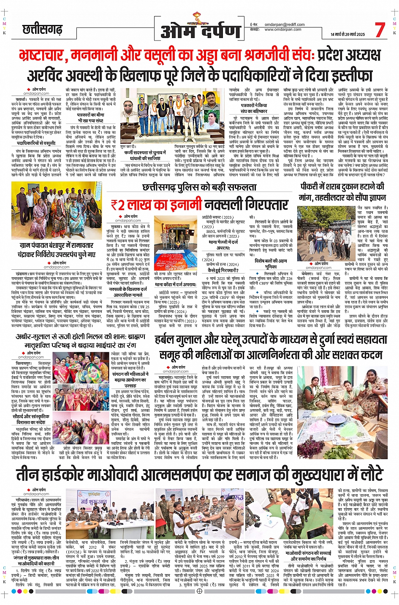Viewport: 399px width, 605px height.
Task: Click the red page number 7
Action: [380, 30]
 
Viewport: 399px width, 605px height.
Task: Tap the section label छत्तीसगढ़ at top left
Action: [42, 29]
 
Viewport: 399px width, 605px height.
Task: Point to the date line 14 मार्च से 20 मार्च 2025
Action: [347, 34]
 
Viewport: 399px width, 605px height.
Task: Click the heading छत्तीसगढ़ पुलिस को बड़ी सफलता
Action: [199, 187]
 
